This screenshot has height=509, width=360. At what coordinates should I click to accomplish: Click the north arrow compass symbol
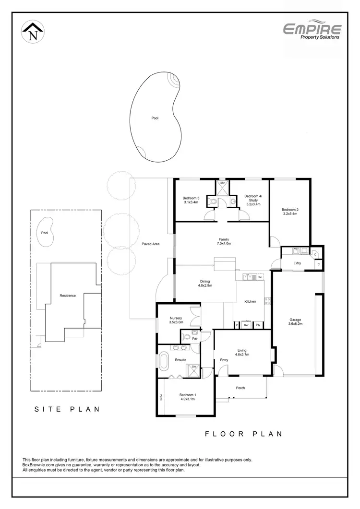pyautogui.click(x=33, y=32)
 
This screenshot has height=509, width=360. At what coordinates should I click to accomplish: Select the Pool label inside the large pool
pyautogui.click(x=155, y=118)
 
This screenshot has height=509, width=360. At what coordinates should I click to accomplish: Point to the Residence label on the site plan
pyautogui.click(x=68, y=296)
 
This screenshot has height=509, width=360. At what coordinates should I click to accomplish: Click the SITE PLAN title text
pyautogui.click(x=67, y=409)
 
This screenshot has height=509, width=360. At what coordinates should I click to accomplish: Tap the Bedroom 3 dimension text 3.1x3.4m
pyautogui.click(x=191, y=202)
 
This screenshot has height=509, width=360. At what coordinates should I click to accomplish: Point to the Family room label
pyautogui.click(x=224, y=239)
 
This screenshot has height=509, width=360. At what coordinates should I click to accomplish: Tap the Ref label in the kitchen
pyautogui.click(x=246, y=325)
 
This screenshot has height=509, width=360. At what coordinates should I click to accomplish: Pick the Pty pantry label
pyautogui.click(x=258, y=325)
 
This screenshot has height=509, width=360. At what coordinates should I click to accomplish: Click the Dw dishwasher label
pyautogui.click(x=259, y=277)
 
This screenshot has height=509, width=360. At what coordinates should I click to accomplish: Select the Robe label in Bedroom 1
pyautogui.click(x=161, y=397)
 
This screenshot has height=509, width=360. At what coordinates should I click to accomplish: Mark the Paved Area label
pyautogui.click(x=150, y=244)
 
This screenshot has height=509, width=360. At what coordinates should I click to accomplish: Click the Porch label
pyautogui.click(x=240, y=388)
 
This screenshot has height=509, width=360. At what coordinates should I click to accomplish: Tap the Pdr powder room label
pyautogui.click(x=195, y=338)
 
